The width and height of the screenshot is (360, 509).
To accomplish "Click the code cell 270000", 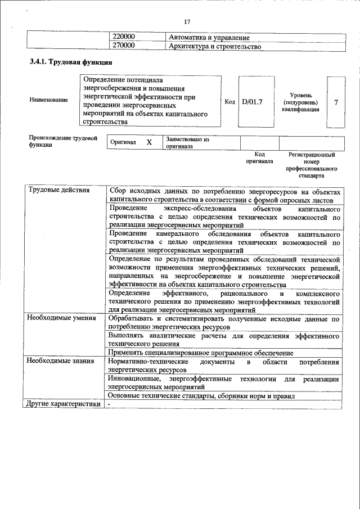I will [x=125, y=46].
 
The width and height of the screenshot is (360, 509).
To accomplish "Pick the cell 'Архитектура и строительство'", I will [x=215, y=46].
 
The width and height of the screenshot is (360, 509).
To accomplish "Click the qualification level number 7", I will [x=336, y=102].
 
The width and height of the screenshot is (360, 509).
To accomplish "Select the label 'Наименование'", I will [x=48, y=100].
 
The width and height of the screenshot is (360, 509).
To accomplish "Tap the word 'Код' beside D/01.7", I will [x=229, y=102].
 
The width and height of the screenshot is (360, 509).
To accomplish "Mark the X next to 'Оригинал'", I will [x=149, y=142].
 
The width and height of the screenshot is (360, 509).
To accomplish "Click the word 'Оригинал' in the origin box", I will [x=123, y=142].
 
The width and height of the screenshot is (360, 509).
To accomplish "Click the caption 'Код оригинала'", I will [x=259, y=157].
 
